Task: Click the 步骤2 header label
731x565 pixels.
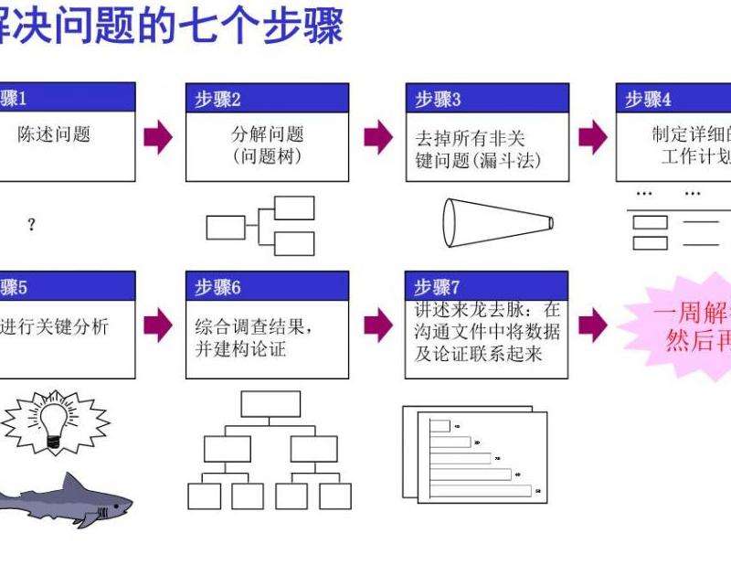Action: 218,100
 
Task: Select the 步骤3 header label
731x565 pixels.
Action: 438,100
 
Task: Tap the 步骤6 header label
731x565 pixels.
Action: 218,287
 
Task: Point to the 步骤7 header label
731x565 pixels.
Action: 438,287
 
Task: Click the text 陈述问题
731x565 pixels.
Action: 55,134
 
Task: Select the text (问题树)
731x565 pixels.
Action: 267,156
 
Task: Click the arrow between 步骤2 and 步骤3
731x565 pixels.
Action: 377,137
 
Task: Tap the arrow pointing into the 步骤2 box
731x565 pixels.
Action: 158,137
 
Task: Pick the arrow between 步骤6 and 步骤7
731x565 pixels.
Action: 377,324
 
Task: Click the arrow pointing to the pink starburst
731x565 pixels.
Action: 593,324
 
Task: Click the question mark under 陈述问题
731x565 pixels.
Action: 32,225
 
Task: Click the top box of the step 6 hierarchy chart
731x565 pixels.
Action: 270,403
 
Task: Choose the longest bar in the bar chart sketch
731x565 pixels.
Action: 481,491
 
